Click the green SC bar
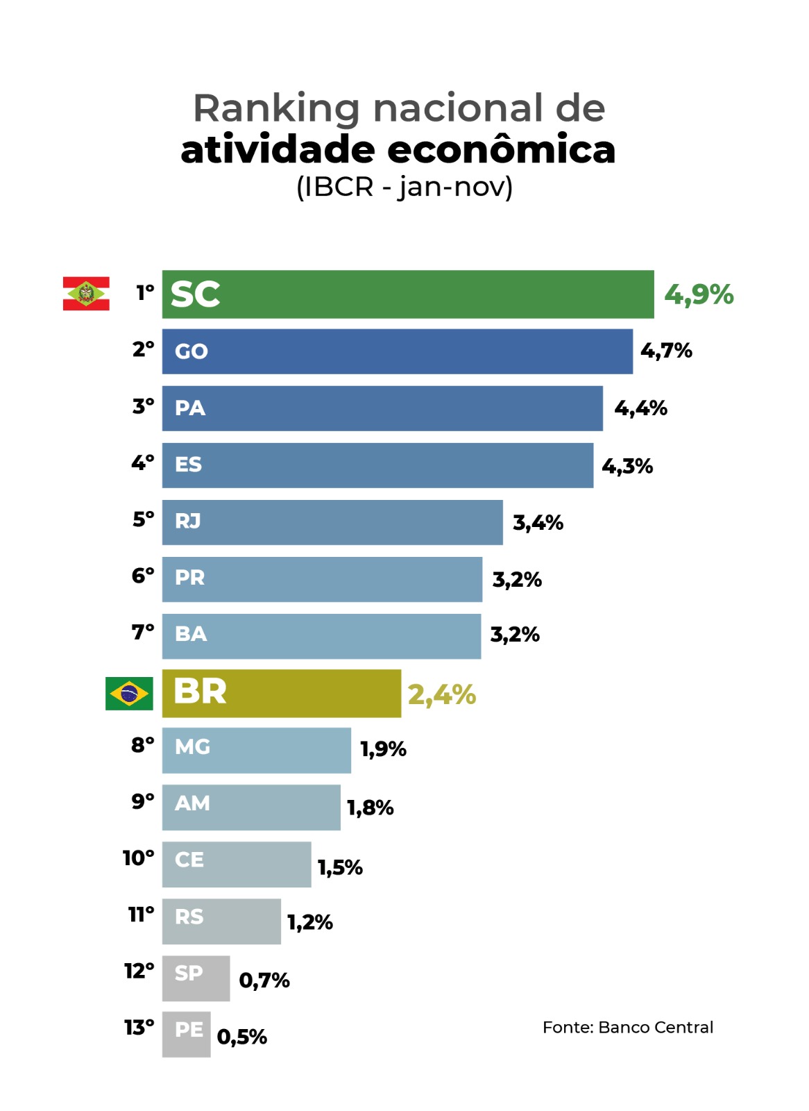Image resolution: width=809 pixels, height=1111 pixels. (x=408, y=294)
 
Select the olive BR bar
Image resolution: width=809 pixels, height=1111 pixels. (x=281, y=693)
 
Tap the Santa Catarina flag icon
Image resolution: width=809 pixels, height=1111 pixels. (x=86, y=294)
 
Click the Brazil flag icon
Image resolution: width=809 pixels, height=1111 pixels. (x=129, y=693)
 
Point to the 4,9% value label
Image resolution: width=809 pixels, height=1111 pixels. (x=699, y=295)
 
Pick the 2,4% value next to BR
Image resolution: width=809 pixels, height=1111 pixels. (x=442, y=694)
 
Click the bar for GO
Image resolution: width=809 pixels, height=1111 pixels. (x=397, y=351)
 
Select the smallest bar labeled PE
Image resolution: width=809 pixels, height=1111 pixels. (x=186, y=1034)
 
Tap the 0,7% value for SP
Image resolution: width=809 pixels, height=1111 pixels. (x=264, y=980)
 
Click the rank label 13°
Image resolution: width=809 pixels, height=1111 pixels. (x=139, y=1027)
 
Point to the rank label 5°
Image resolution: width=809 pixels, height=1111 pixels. (x=143, y=519)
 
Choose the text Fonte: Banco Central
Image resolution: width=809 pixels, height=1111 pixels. (x=627, y=1027)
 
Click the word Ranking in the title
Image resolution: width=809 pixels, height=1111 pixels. (x=276, y=108)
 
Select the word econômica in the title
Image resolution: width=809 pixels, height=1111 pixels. (x=501, y=149)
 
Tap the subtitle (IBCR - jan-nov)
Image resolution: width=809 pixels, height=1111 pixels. (x=404, y=187)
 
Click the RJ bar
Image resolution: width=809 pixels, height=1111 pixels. (x=332, y=522)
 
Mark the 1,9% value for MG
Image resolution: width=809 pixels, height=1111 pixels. (x=383, y=749)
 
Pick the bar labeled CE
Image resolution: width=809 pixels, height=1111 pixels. (x=237, y=864)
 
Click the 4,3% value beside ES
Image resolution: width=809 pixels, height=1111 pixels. (x=627, y=466)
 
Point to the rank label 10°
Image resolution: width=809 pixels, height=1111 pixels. (x=138, y=858)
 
